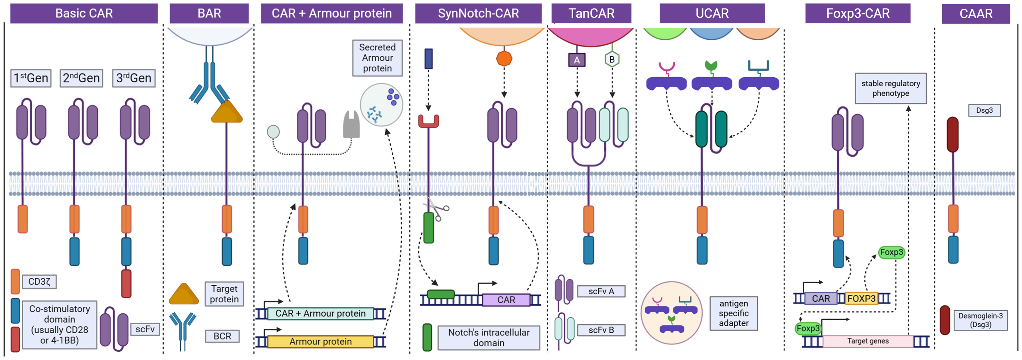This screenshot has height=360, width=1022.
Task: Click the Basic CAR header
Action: tap(84, 13)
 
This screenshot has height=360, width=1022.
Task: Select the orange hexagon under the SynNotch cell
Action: tap(504, 59)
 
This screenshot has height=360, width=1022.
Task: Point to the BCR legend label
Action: tap(222, 336)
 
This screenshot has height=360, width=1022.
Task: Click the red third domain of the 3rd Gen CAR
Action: tap(126, 283)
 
